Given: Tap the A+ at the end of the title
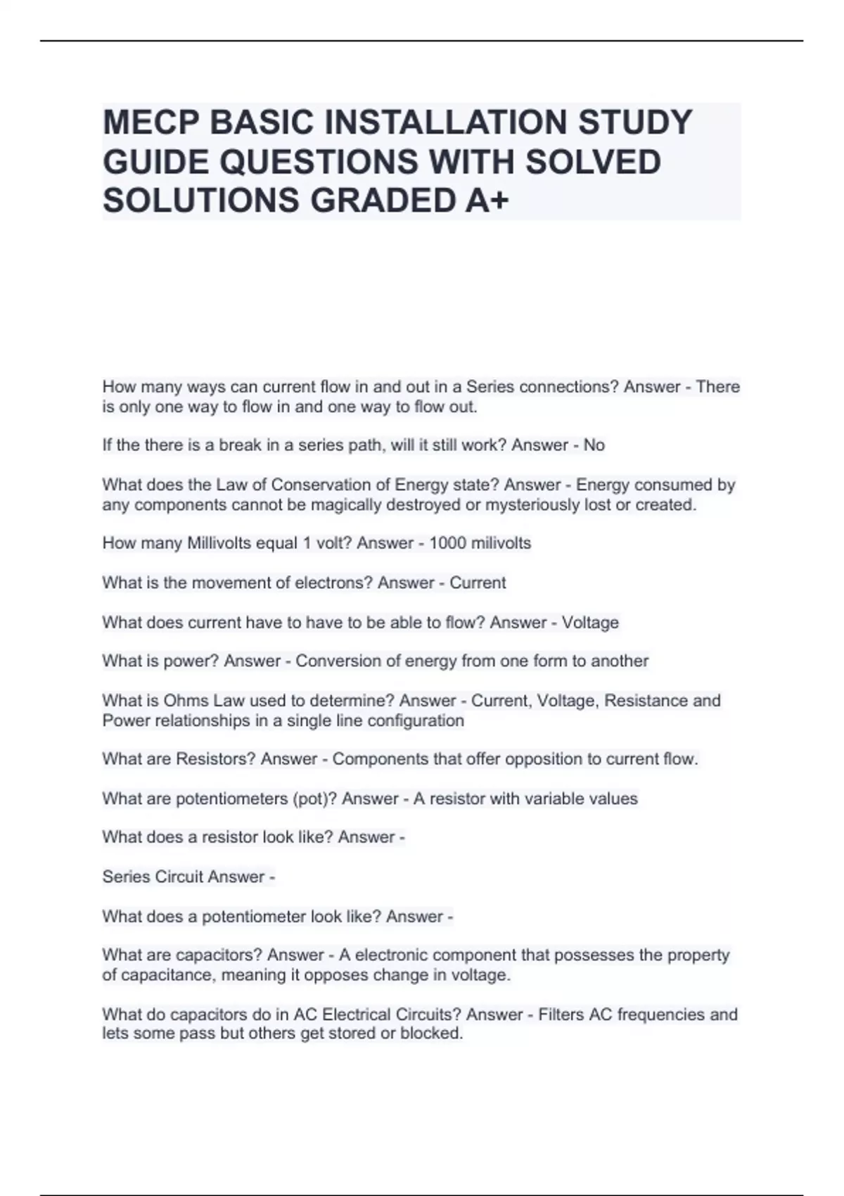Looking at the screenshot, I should click(486, 201).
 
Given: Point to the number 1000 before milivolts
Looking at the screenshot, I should click(447, 543).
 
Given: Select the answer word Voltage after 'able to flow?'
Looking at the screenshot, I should click(590, 623).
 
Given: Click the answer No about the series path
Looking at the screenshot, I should click(594, 445).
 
